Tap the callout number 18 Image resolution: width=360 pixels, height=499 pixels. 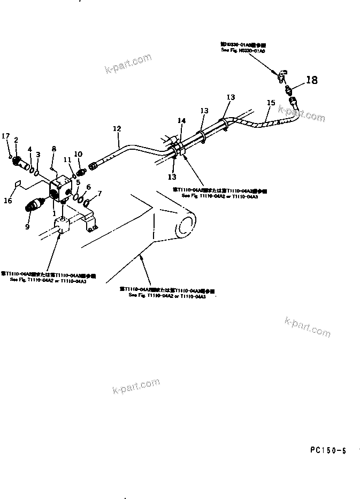311,80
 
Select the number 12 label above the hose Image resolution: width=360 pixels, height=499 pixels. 117,128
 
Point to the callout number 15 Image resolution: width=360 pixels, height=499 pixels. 271,102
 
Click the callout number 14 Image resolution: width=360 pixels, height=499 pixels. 181,121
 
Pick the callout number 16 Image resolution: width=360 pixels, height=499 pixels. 7,201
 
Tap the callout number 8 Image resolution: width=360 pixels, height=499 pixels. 53,148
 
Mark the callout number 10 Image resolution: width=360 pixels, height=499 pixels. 78,154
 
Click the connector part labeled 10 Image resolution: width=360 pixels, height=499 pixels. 81,172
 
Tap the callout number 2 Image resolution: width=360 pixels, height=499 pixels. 16,140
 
